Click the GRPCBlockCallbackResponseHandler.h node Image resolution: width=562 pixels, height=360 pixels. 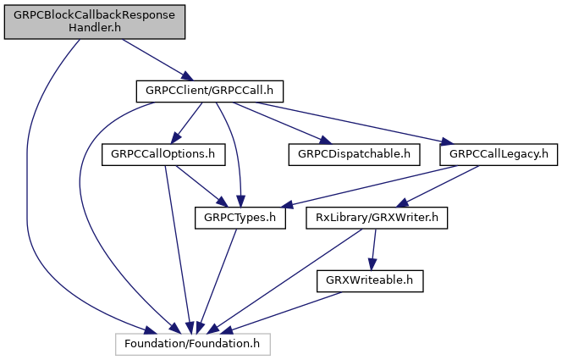(94, 20)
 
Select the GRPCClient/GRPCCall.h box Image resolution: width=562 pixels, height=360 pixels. (209, 90)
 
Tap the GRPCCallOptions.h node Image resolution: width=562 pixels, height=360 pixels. (163, 154)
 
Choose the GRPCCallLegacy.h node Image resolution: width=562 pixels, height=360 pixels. (499, 154)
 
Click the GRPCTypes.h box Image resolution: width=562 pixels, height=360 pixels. (240, 218)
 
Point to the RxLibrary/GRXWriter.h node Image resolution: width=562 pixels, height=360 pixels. (376, 218)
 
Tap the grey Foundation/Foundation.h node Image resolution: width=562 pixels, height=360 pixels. (192, 344)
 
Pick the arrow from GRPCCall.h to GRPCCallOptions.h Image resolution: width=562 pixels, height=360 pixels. (185, 123)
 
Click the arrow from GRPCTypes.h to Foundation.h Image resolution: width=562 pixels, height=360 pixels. (217, 280)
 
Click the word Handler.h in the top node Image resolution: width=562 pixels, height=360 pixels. (94, 27)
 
